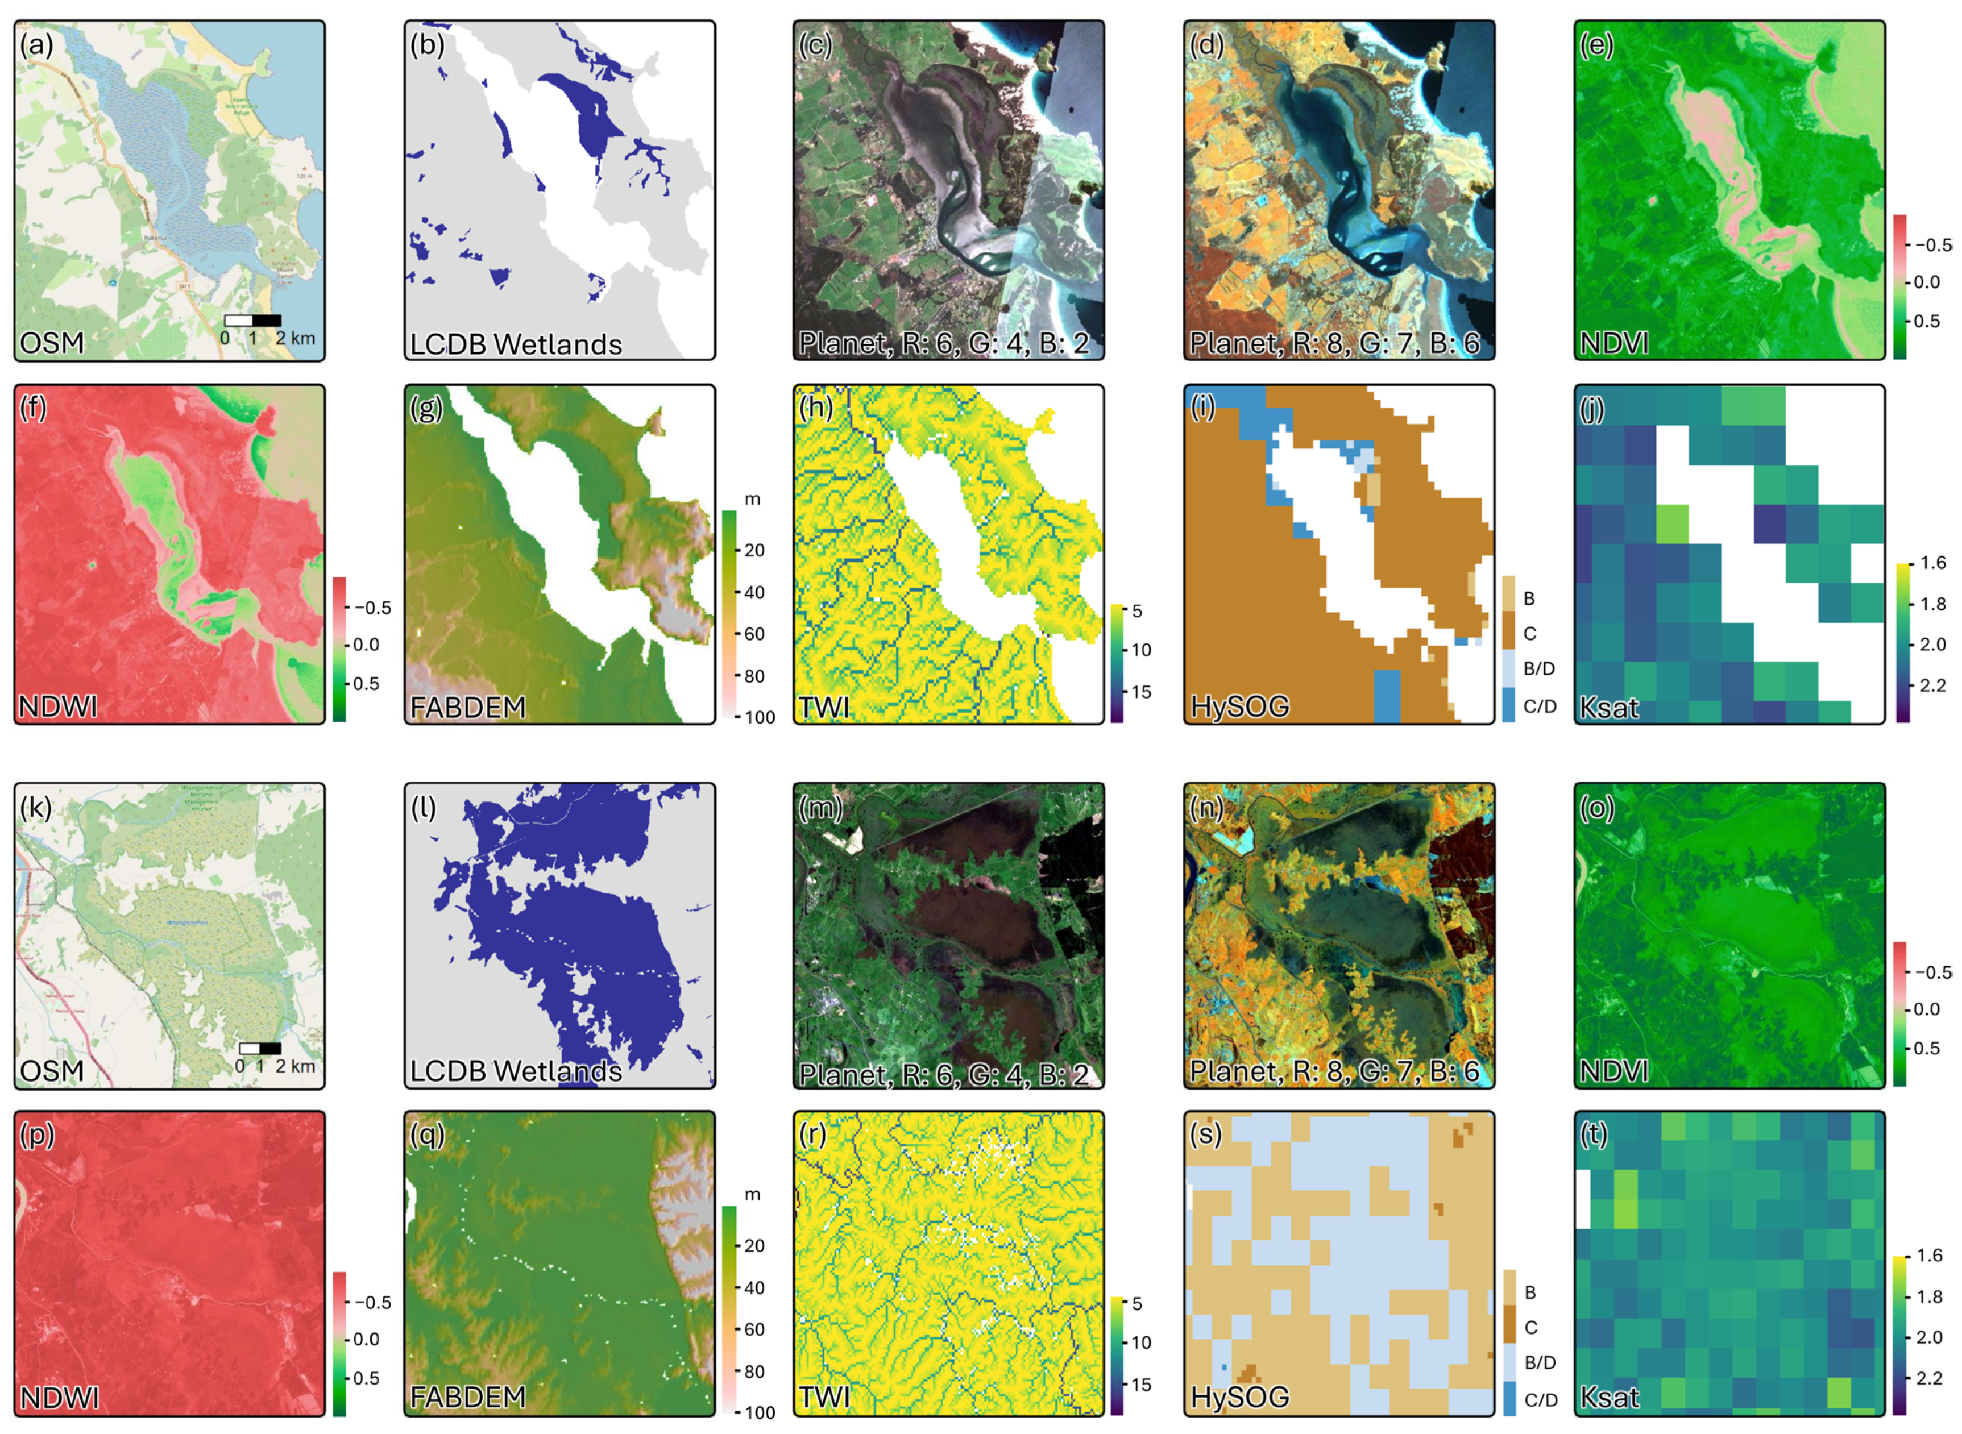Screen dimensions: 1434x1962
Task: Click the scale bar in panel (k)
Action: point(260,1049)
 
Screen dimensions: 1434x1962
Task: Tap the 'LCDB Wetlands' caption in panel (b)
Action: point(516,344)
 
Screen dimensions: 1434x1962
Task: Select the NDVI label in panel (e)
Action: point(1613,344)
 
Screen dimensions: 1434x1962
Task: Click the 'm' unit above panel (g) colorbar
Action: point(752,499)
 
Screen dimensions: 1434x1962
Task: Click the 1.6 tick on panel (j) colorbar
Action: point(1932,563)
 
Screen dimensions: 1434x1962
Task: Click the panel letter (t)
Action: point(1594,1134)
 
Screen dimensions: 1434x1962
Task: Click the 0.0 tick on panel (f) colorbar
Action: point(366,644)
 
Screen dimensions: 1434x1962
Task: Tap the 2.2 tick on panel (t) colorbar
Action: point(1929,1378)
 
